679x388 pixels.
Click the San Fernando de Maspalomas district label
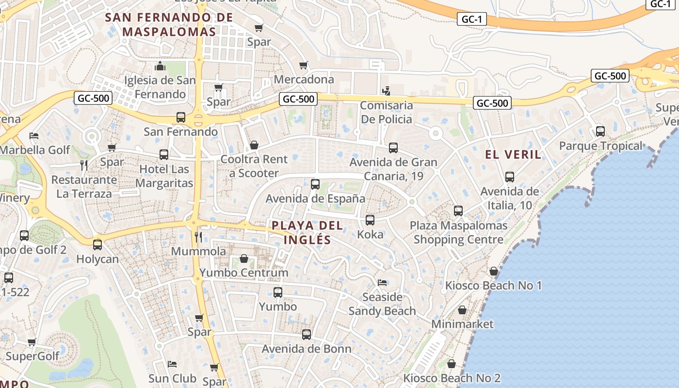(x=169, y=24)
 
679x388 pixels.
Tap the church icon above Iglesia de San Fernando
(x=160, y=66)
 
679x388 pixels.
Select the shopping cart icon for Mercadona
(x=304, y=65)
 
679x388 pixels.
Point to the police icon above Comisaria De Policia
(x=386, y=91)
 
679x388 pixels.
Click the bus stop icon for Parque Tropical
(x=600, y=131)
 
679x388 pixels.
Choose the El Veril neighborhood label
(x=513, y=155)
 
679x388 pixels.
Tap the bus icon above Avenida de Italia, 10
(x=509, y=177)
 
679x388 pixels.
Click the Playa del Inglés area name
(x=307, y=232)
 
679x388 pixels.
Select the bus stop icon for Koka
(x=370, y=220)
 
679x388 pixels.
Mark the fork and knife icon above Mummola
(x=198, y=237)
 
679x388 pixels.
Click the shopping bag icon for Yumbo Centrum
(x=244, y=259)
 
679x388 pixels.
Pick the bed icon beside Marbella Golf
(x=33, y=135)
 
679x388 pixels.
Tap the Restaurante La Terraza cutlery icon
(x=84, y=165)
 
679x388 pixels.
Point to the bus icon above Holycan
(x=97, y=245)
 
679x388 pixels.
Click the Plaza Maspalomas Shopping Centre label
(x=458, y=232)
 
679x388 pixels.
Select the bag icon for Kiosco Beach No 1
(x=494, y=271)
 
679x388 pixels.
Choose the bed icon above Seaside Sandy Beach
(x=382, y=283)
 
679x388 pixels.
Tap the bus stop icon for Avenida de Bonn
(x=307, y=334)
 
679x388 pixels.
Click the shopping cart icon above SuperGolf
(x=32, y=342)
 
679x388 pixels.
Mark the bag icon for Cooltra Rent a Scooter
(x=254, y=145)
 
